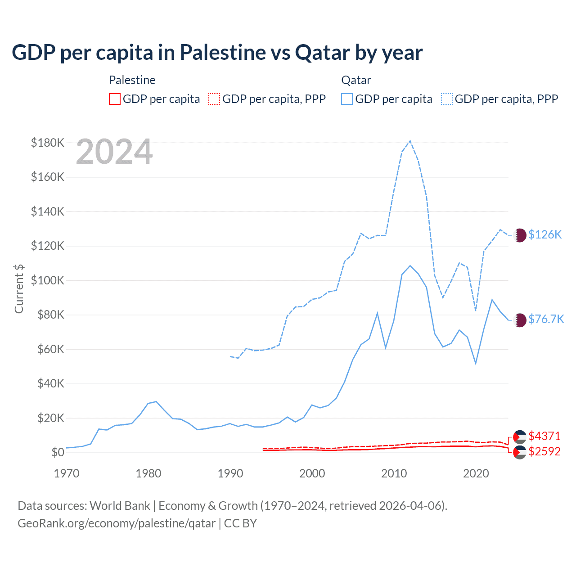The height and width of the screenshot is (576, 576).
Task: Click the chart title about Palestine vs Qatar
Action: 217,53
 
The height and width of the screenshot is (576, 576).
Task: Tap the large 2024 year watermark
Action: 114,152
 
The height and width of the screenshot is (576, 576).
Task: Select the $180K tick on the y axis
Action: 48,143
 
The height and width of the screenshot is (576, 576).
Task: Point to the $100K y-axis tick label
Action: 48,281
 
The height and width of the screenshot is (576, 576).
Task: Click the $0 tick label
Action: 58,453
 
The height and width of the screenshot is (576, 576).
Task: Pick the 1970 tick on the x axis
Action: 67,473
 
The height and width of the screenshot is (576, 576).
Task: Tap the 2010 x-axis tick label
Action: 394,473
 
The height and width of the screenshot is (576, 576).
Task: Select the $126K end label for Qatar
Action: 545,235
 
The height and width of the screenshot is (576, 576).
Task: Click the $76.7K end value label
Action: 546,319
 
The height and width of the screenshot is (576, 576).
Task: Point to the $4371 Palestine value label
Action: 544,436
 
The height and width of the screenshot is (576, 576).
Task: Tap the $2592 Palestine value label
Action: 544,452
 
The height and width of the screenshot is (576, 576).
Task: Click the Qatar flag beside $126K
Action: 520,235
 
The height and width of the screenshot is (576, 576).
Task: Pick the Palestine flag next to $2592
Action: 520,452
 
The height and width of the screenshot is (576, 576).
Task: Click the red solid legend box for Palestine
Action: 115,99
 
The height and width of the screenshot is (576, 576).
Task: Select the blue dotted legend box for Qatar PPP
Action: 447,99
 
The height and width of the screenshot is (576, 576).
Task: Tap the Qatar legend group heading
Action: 356,81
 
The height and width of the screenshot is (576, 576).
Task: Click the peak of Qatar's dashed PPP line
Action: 410,141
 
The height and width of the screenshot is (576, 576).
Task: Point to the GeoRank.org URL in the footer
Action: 117,524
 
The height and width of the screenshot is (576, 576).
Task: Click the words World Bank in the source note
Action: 120,506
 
